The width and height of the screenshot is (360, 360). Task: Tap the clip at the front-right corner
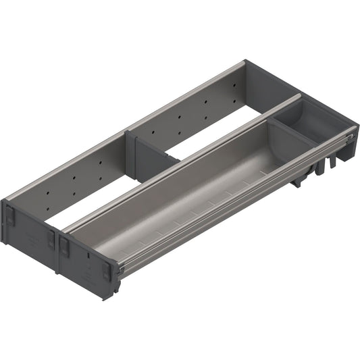[x=107, y=272]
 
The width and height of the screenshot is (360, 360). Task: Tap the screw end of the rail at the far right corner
[x=349, y=138]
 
